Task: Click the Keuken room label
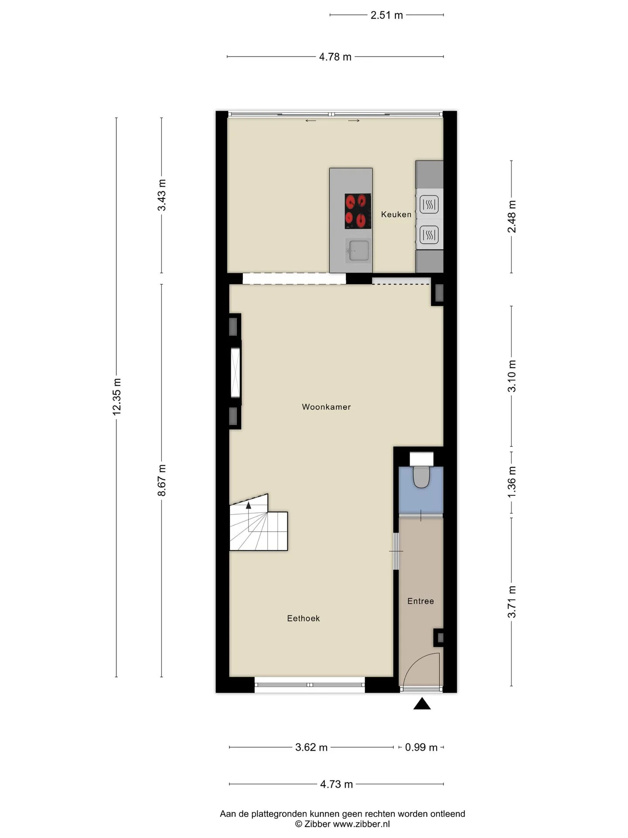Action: point(396,214)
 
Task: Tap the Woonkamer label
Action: point(326,407)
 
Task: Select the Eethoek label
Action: point(304,618)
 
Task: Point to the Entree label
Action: point(420,601)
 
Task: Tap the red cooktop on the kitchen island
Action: point(358,211)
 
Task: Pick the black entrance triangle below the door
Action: point(422,704)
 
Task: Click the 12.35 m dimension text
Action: point(116,397)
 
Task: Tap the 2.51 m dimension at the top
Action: point(386,15)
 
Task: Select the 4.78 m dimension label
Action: point(335,57)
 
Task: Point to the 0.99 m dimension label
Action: point(421,747)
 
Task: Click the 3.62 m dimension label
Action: point(311,747)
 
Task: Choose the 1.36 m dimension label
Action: point(512,481)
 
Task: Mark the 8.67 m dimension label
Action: point(162,480)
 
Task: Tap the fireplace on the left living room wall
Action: point(235,372)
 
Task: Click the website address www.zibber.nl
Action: point(362,824)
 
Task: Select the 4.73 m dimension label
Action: point(336,784)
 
